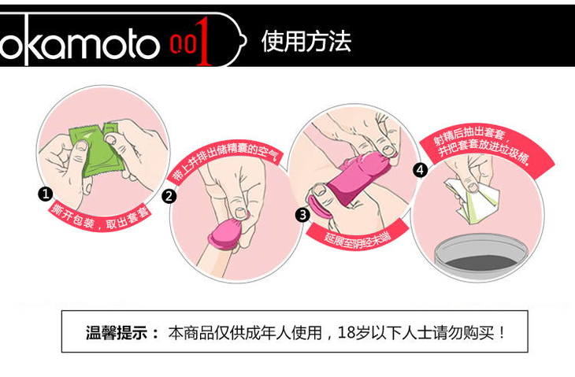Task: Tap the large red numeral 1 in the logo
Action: [x=203, y=42]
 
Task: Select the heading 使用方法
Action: [x=306, y=41]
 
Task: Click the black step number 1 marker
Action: [x=46, y=194]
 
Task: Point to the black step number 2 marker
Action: [x=169, y=197]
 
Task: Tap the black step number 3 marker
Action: [x=302, y=215]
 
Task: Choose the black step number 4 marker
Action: [x=421, y=170]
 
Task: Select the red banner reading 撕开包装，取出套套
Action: [x=100, y=218]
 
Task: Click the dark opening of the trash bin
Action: [x=481, y=262]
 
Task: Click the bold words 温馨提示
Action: [x=117, y=333]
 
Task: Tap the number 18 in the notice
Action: [x=346, y=332]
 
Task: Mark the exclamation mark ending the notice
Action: [x=502, y=333]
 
